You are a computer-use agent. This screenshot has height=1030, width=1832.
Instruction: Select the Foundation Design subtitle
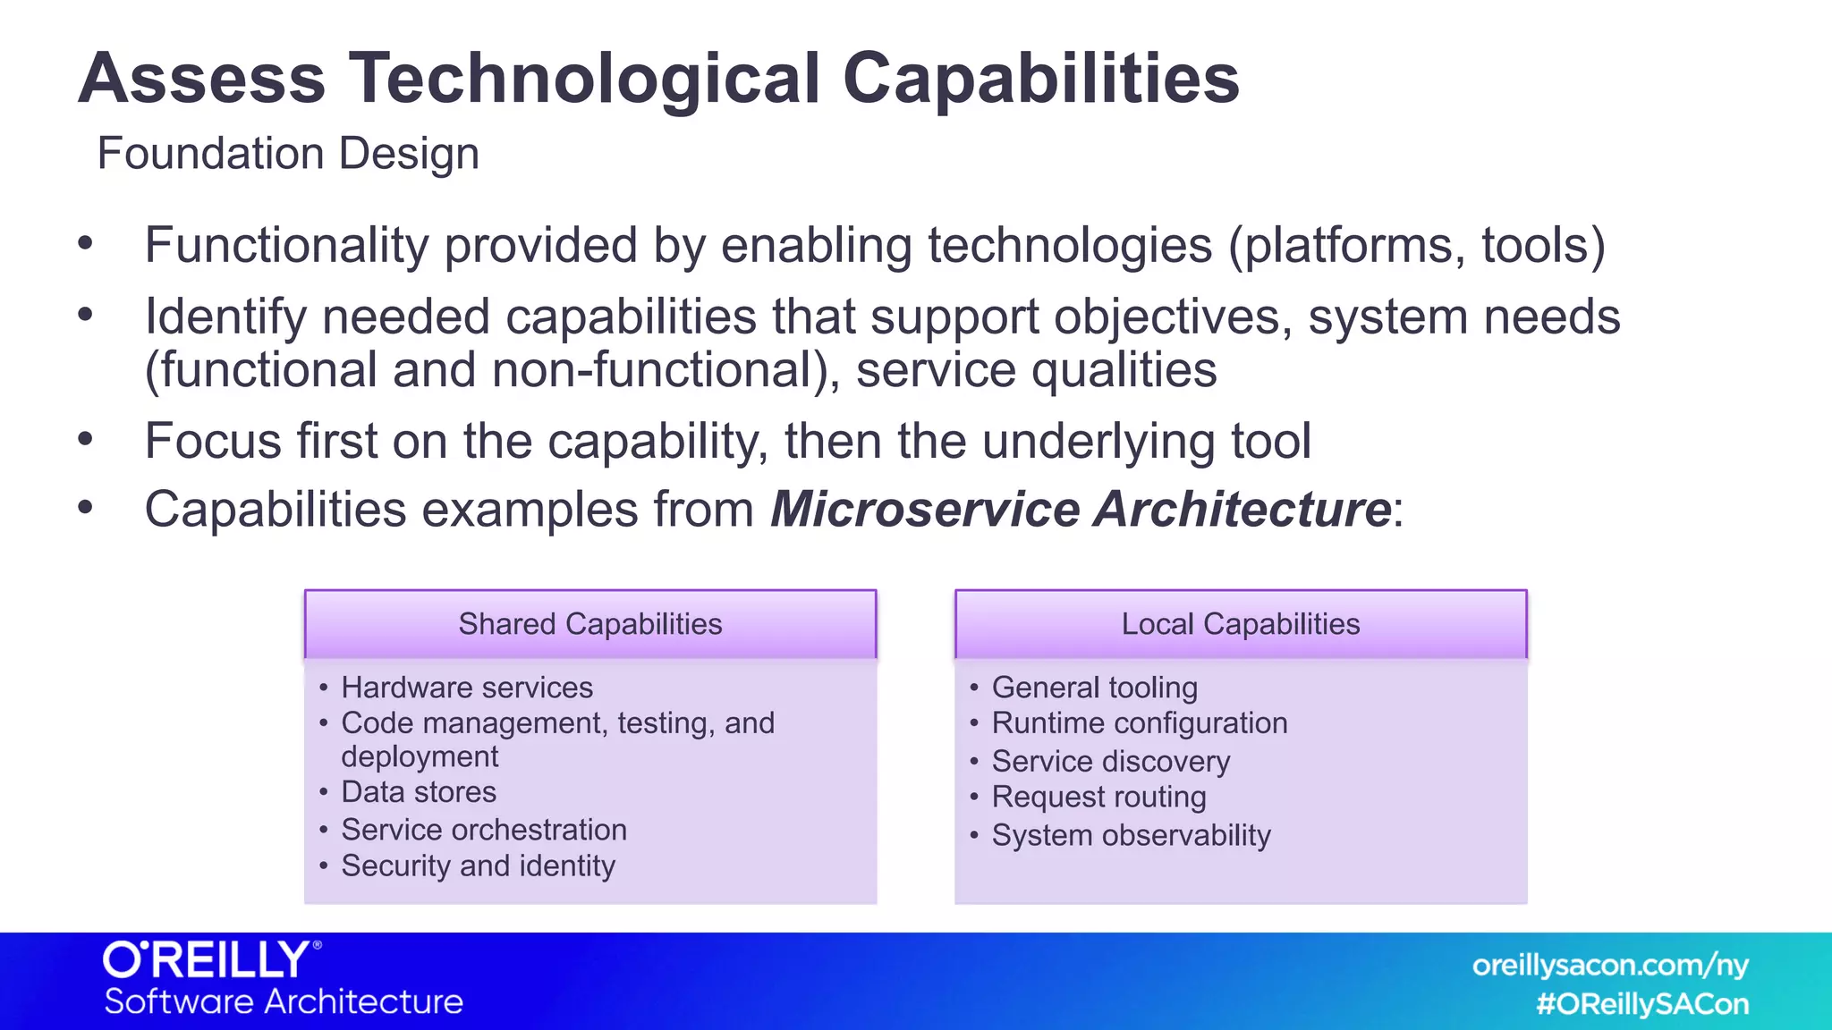pos(288,153)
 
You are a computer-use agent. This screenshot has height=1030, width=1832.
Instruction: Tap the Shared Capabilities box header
pos(590,624)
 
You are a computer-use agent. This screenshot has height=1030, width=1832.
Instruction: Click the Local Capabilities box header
pos(1241,624)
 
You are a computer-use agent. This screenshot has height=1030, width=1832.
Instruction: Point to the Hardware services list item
pos(467,688)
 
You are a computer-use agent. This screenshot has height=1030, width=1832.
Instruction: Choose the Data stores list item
pos(419,792)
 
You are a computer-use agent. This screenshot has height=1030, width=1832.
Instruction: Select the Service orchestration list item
pos(484,830)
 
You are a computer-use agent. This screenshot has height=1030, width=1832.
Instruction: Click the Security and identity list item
pos(479,865)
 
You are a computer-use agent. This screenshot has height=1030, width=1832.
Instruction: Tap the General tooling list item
pos(1095,688)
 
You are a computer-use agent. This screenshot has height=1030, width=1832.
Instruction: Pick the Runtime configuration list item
pos(1140,723)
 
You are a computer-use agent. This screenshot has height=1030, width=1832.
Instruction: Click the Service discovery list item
pos(1111,761)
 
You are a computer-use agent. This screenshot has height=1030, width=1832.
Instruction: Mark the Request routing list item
pos(1099,797)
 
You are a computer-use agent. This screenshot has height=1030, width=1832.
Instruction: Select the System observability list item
pos(1132,835)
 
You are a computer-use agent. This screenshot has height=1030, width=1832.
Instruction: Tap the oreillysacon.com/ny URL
pos(1610,966)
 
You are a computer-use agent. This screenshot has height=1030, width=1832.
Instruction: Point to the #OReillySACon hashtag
pos(1642,1004)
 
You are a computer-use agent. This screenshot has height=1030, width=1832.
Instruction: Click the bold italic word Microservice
pos(925,510)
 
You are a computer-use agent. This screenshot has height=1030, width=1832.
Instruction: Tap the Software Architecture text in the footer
pos(284,1001)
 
